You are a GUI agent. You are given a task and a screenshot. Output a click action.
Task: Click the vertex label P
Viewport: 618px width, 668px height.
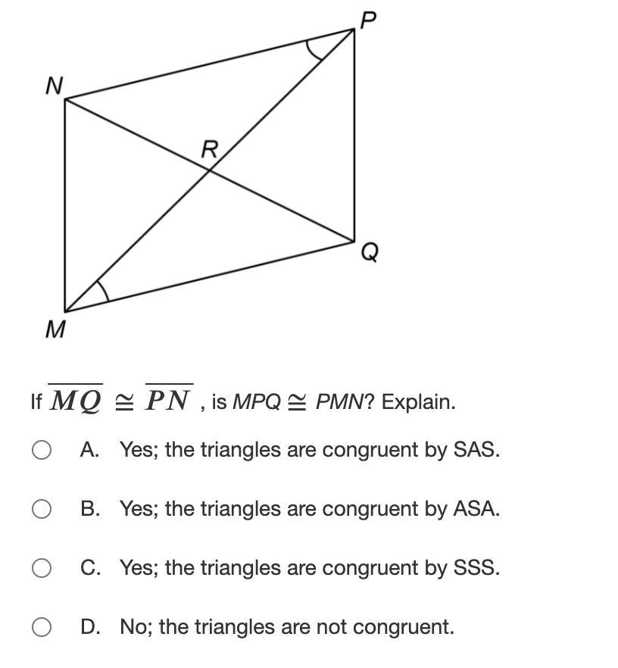click(x=368, y=20)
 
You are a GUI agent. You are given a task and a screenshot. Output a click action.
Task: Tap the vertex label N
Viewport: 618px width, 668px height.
click(x=54, y=86)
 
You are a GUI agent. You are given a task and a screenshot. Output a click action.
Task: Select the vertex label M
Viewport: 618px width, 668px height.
click(x=55, y=329)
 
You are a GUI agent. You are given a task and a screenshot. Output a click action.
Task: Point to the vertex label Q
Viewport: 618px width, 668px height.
click(x=369, y=251)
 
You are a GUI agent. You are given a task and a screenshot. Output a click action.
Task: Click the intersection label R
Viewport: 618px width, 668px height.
click(x=209, y=149)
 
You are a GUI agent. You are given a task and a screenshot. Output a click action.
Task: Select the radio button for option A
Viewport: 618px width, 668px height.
click(x=42, y=450)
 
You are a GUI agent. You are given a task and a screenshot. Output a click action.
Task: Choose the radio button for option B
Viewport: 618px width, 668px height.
click(x=42, y=509)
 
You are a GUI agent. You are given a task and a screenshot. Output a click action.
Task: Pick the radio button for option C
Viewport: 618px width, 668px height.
click(x=42, y=568)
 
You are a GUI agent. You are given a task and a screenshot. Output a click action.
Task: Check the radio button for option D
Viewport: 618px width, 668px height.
click(x=42, y=627)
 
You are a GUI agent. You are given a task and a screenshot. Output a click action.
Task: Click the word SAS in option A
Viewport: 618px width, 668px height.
click(x=475, y=450)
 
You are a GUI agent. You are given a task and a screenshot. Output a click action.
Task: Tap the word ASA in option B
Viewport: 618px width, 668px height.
click(x=475, y=509)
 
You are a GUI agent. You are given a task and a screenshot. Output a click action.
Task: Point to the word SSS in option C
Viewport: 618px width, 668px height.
click(x=475, y=568)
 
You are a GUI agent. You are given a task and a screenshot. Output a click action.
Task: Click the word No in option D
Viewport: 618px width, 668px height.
click(x=131, y=627)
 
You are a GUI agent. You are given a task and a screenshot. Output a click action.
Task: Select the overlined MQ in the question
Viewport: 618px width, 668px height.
click(x=75, y=400)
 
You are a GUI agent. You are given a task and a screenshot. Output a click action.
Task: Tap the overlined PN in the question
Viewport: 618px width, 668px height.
click(x=168, y=400)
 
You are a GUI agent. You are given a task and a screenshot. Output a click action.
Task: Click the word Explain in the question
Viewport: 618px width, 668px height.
click(x=418, y=401)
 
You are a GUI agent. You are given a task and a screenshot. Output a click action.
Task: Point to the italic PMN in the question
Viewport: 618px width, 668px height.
click(x=339, y=401)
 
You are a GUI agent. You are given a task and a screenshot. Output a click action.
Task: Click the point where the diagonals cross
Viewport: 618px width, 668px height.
click(x=210, y=170)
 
